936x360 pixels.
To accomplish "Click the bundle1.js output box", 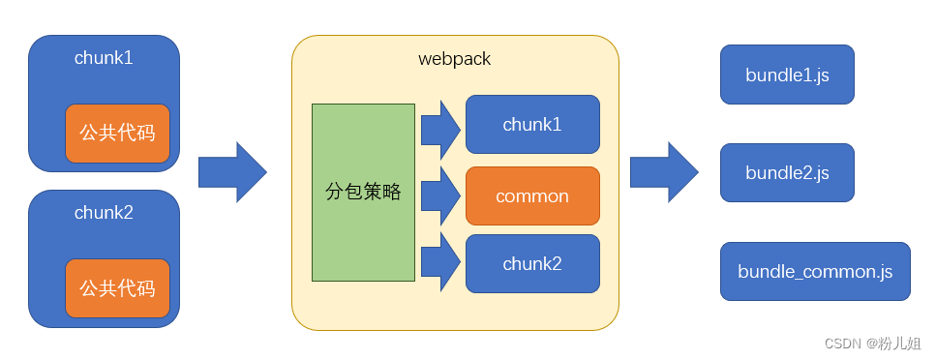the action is [x=787, y=75].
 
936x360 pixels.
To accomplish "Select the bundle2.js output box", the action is [x=787, y=172].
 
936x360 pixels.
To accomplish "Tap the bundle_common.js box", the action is [x=815, y=271].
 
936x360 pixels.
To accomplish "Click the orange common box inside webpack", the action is [x=532, y=195].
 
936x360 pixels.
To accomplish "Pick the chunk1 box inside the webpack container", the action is [x=532, y=124].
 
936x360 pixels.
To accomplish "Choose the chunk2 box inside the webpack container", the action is [x=532, y=264].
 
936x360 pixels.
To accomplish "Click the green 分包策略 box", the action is [x=363, y=193].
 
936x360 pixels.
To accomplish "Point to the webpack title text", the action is [x=455, y=59].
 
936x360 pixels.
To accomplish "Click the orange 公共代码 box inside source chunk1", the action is [x=117, y=134].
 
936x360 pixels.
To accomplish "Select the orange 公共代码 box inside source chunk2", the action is [x=117, y=288].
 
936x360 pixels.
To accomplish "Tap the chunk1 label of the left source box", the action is [x=104, y=58].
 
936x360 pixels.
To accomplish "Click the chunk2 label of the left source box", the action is [x=104, y=213].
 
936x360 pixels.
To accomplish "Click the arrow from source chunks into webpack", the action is [x=232, y=172].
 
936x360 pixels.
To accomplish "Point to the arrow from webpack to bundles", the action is [x=664, y=172].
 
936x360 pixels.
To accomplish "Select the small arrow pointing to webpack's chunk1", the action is [x=440, y=130].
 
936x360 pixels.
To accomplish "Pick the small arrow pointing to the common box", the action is [x=440, y=195].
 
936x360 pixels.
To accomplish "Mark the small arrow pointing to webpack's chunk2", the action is [x=440, y=262].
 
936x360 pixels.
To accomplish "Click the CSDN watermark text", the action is [x=843, y=344].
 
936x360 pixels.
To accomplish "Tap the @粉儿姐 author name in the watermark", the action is [x=894, y=344].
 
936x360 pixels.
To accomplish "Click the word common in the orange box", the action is [x=532, y=195].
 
